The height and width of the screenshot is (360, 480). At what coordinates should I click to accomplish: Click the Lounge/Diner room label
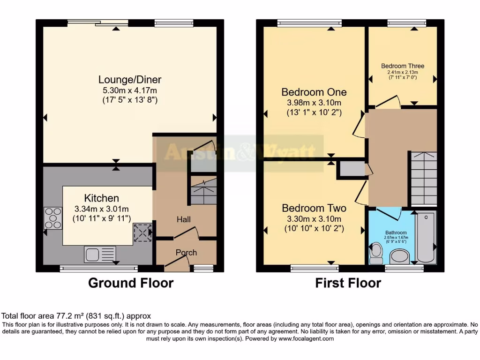pos(130,80)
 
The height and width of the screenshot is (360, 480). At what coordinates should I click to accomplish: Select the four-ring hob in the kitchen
pos(53,218)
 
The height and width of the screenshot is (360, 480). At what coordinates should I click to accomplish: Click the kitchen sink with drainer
pos(99,254)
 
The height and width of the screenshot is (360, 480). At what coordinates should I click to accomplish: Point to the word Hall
pos(183,219)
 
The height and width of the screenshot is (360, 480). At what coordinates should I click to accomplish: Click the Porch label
pos(186,253)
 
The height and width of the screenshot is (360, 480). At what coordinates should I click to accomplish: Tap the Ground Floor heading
pos(131,283)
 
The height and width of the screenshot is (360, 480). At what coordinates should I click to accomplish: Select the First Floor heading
pos(348,283)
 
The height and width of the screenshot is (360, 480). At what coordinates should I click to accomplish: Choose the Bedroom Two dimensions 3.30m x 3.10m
pos(313,219)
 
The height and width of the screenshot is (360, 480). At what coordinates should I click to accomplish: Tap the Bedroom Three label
pos(402,66)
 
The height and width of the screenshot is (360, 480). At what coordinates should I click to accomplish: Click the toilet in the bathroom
pos(376,253)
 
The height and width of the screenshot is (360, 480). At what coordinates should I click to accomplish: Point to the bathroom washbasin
pos(399,256)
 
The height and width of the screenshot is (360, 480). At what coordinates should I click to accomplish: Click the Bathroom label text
pos(396,232)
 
